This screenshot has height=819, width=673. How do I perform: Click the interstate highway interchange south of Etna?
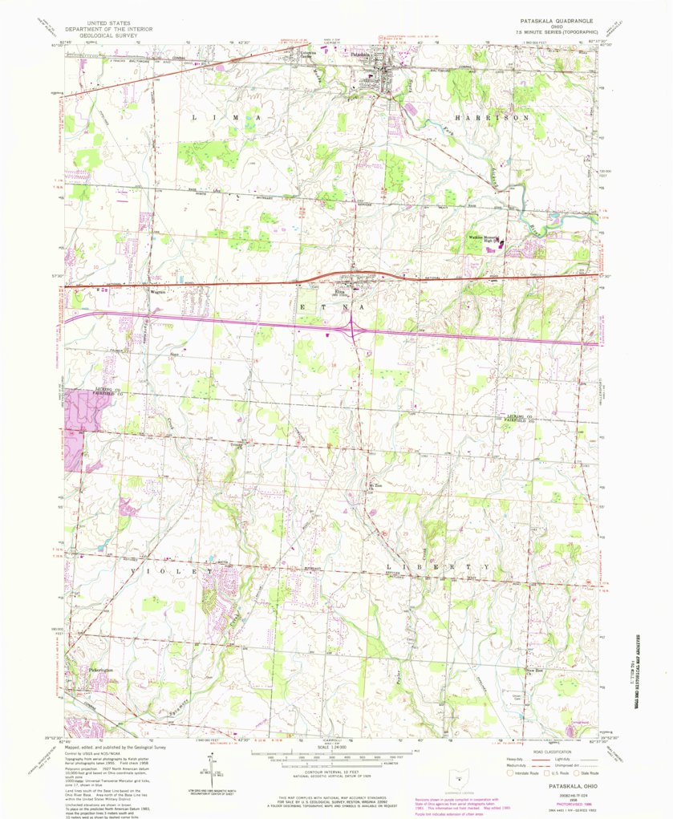coord(353,327)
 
